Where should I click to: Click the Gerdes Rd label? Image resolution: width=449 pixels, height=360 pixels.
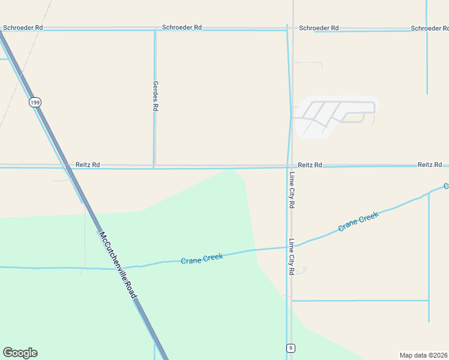(155, 96)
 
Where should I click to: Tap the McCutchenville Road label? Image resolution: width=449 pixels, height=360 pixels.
(118, 266)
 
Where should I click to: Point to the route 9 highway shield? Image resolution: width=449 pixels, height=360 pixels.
(291, 347)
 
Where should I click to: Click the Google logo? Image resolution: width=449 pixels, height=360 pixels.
(20, 353)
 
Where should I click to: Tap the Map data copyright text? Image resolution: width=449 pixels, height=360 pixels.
(424, 355)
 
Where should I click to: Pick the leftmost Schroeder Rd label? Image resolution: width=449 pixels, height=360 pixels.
(23, 28)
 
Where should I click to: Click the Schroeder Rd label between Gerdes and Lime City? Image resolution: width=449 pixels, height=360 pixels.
(182, 28)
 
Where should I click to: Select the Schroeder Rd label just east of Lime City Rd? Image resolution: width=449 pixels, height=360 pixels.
(319, 28)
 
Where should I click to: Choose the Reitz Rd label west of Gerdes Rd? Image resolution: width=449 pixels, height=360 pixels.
(88, 164)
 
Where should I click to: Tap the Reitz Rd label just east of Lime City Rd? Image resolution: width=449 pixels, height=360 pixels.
(310, 164)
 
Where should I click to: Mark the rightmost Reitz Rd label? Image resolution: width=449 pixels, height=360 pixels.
(430, 164)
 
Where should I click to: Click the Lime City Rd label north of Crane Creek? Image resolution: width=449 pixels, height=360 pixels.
(292, 190)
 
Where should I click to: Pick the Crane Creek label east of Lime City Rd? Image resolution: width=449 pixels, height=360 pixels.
(358, 221)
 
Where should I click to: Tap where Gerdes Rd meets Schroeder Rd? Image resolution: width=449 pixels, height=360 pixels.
(155, 29)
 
